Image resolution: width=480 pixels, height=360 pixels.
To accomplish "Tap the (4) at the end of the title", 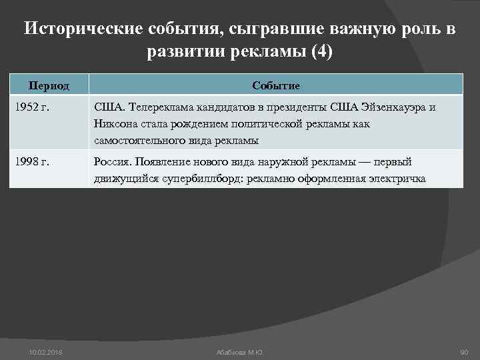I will pyautogui.click(x=321, y=52).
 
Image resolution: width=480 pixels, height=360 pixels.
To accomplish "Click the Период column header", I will pyautogui.click(x=48, y=85).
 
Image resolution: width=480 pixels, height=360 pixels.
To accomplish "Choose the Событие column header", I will pyautogui.click(x=276, y=85).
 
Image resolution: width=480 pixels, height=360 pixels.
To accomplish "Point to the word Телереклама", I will pyautogui.click(x=157, y=107).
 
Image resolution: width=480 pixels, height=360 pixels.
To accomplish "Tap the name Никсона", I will pyautogui.click(x=115, y=124).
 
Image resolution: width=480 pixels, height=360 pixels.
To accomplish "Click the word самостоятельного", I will pyautogui.click(x=138, y=141).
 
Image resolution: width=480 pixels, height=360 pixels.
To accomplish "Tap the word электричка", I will pyautogui.click(x=398, y=179).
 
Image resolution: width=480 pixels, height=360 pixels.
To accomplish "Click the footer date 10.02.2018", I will pyautogui.click(x=44, y=351).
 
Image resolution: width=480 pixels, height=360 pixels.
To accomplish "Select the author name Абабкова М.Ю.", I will pyautogui.click(x=240, y=351).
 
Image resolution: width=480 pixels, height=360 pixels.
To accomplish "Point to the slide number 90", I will pyautogui.click(x=464, y=351).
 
